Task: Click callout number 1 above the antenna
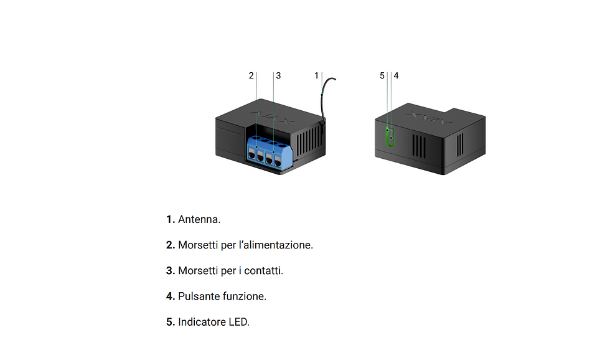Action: pyautogui.click(x=316, y=75)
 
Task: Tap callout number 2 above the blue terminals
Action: pyautogui.click(x=251, y=75)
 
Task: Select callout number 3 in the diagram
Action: pyautogui.click(x=279, y=75)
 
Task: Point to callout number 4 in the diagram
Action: pyautogui.click(x=396, y=75)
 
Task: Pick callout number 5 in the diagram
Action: pyautogui.click(x=382, y=75)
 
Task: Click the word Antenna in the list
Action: pyautogui.click(x=199, y=219)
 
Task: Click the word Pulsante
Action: pyautogui.click(x=198, y=296)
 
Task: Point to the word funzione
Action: pyautogui.click(x=243, y=296)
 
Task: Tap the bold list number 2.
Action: pyautogui.click(x=171, y=245)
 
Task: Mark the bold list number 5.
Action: pyautogui.click(x=171, y=322)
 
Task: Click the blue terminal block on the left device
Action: pyautogui.click(x=269, y=153)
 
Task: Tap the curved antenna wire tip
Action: pyautogui.click(x=335, y=79)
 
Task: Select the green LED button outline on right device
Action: pyautogui.click(x=390, y=137)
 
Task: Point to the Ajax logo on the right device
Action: pyautogui.click(x=429, y=118)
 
